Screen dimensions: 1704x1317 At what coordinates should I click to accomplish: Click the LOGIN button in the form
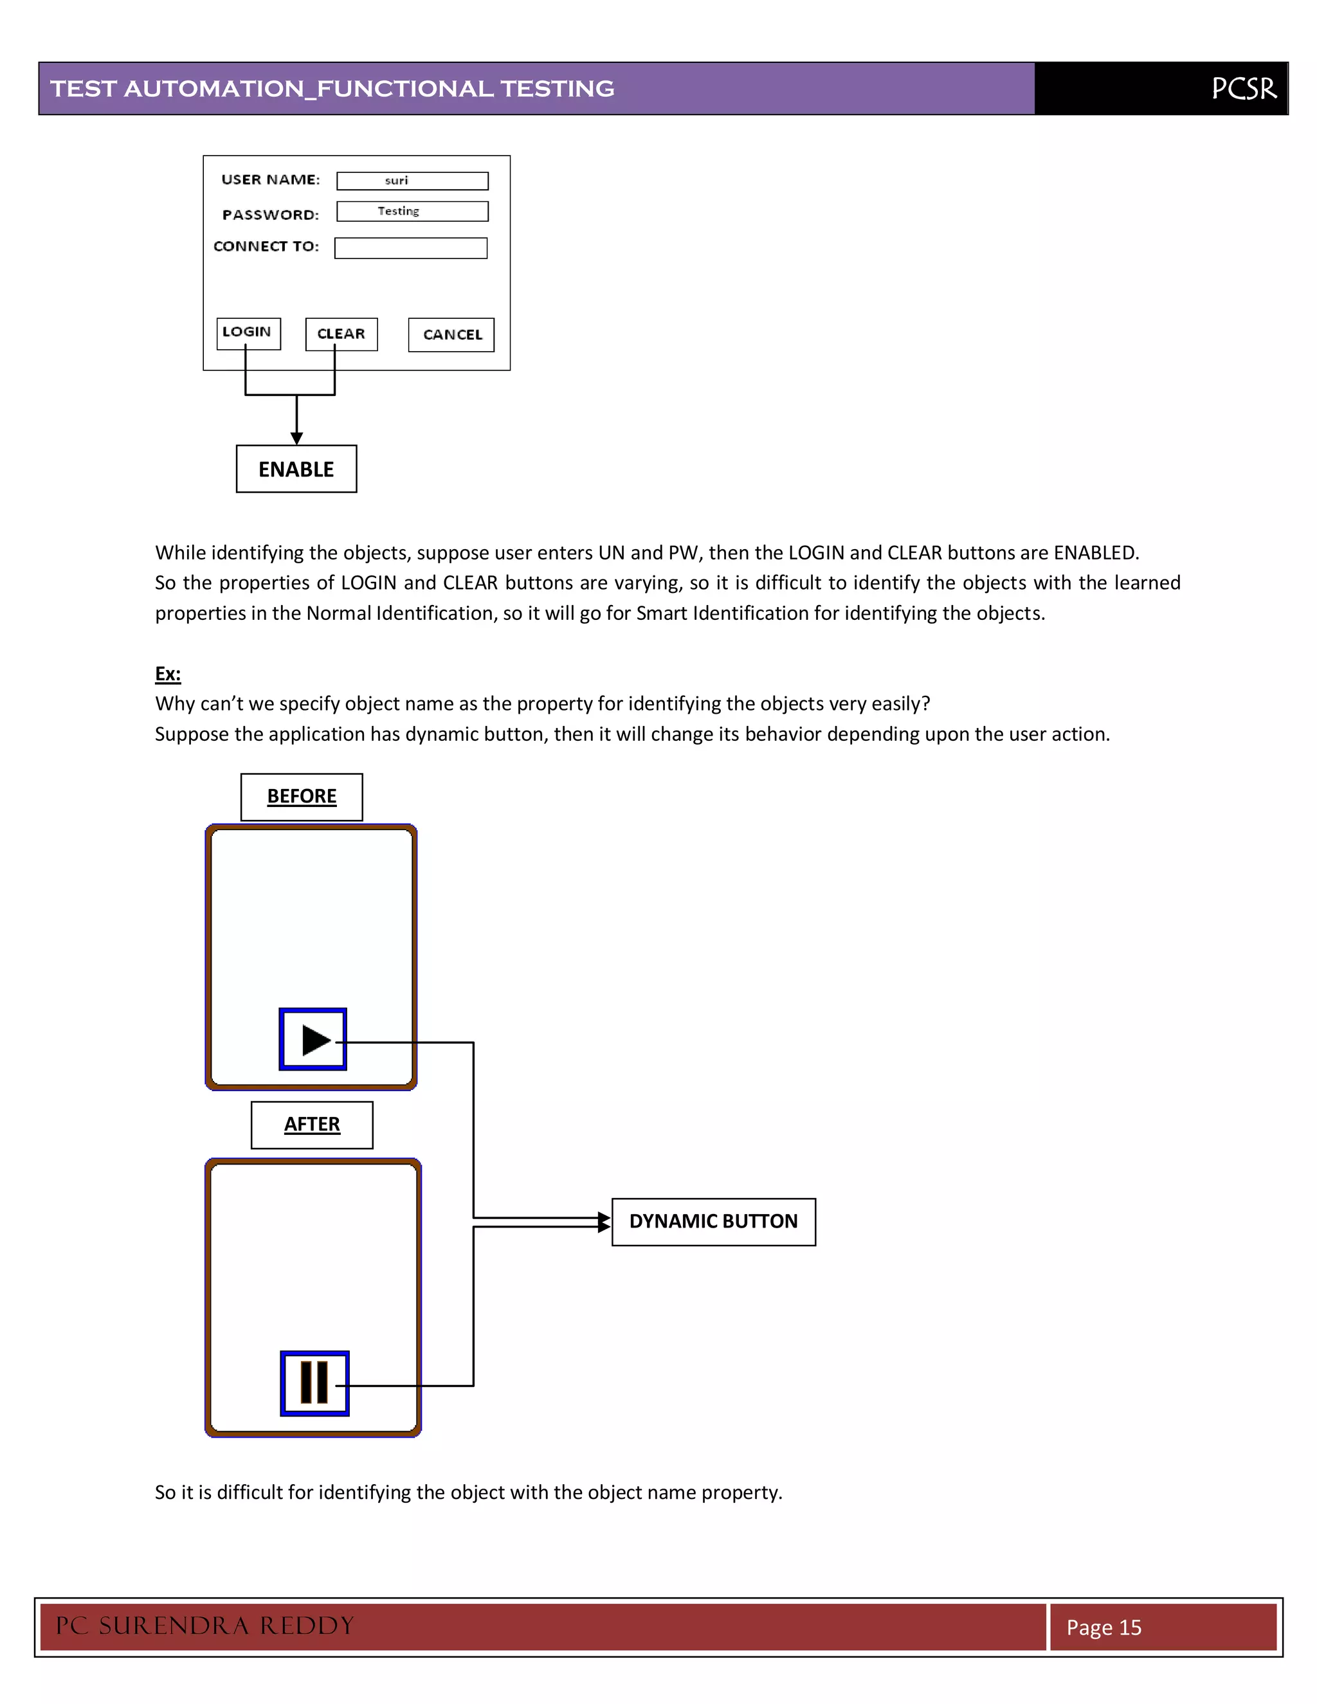[248, 333]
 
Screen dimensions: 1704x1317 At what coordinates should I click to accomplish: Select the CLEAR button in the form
[341, 334]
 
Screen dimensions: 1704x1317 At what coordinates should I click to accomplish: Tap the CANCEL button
[451, 335]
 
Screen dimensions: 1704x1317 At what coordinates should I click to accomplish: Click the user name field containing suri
[412, 181]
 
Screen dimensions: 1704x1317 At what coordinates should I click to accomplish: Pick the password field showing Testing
[412, 212]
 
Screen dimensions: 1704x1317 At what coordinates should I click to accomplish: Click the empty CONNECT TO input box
[410, 248]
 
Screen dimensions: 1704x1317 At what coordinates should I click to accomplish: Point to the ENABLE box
[296, 469]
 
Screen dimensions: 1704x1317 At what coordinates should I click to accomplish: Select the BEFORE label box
[301, 797]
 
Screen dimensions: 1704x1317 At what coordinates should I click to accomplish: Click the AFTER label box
[311, 1124]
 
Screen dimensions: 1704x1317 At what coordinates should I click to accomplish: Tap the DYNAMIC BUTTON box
[713, 1222]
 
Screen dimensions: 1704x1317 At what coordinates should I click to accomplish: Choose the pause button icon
[314, 1382]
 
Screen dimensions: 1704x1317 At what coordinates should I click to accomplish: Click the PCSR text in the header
[1244, 89]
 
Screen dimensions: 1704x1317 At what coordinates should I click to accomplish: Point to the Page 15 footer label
[1104, 1627]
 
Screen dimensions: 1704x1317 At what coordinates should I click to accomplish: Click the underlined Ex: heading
[168, 673]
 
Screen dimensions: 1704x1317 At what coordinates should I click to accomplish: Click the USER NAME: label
[271, 180]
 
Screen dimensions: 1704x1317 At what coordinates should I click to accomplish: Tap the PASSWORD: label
[271, 215]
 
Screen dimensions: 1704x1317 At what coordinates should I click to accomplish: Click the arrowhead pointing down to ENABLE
[296, 439]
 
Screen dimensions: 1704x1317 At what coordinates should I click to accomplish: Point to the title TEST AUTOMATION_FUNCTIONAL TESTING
[332, 89]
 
